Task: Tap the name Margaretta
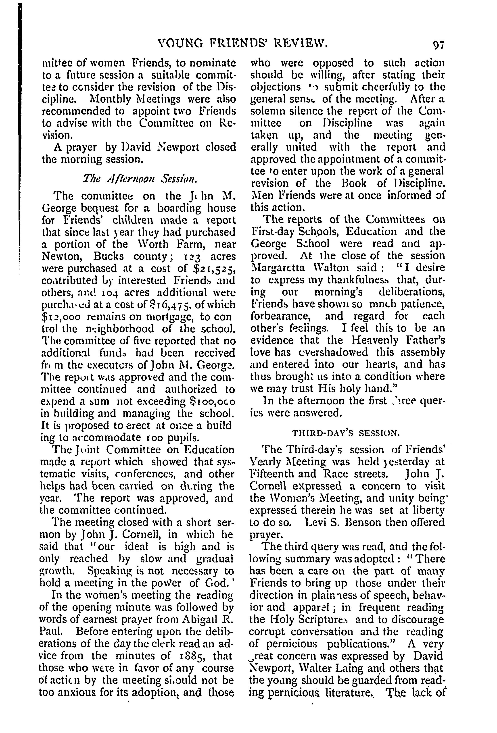[x=278, y=268]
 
